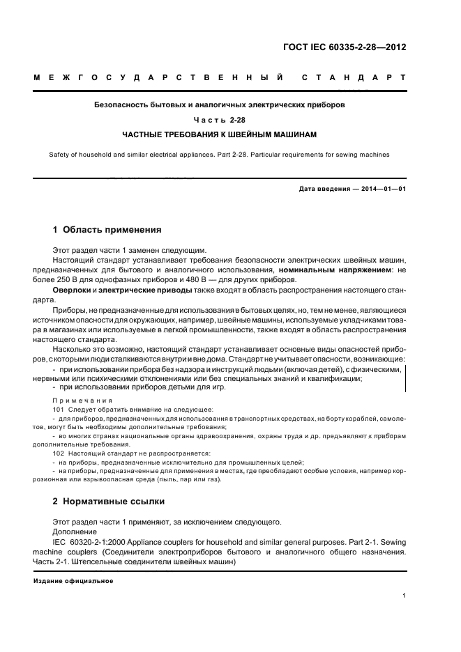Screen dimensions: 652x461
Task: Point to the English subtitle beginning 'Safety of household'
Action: tap(220, 155)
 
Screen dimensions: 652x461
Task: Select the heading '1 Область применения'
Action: tap(107, 229)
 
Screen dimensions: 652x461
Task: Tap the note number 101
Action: tap(58, 410)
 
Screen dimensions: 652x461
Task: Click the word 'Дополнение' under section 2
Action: tap(75, 531)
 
